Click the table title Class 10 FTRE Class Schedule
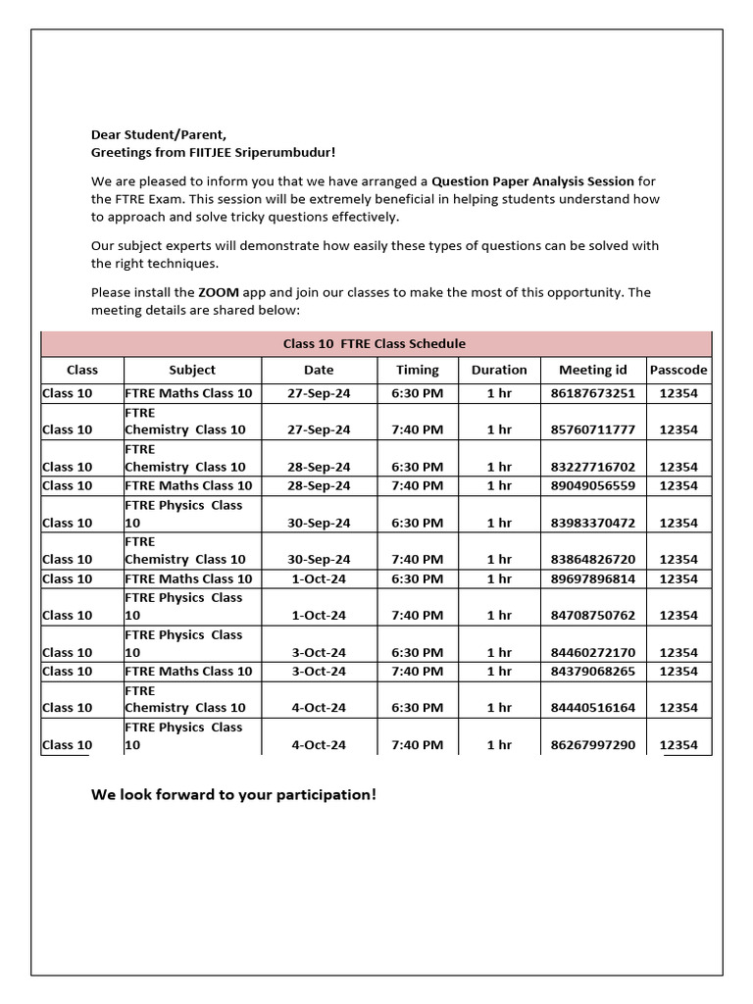(x=375, y=343)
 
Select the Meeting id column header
(x=592, y=370)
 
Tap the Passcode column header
(x=678, y=370)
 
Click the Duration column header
(x=499, y=370)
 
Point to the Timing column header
(x=418, y=370)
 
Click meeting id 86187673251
(x=592, y=393)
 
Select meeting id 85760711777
(x=592, y=429)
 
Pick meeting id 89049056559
(x=592, y=485)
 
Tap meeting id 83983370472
(x=592, y=523)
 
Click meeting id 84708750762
(x=592, y=615)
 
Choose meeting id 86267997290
(x=592, y=744)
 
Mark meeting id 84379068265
(x=592, y=671)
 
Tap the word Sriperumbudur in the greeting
(x=290, y=152)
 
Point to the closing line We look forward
(x=233, y=794)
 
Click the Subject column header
(x=192, y=370)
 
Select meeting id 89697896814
(x=592, y=578)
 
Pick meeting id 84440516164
(x=592, y=707)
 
